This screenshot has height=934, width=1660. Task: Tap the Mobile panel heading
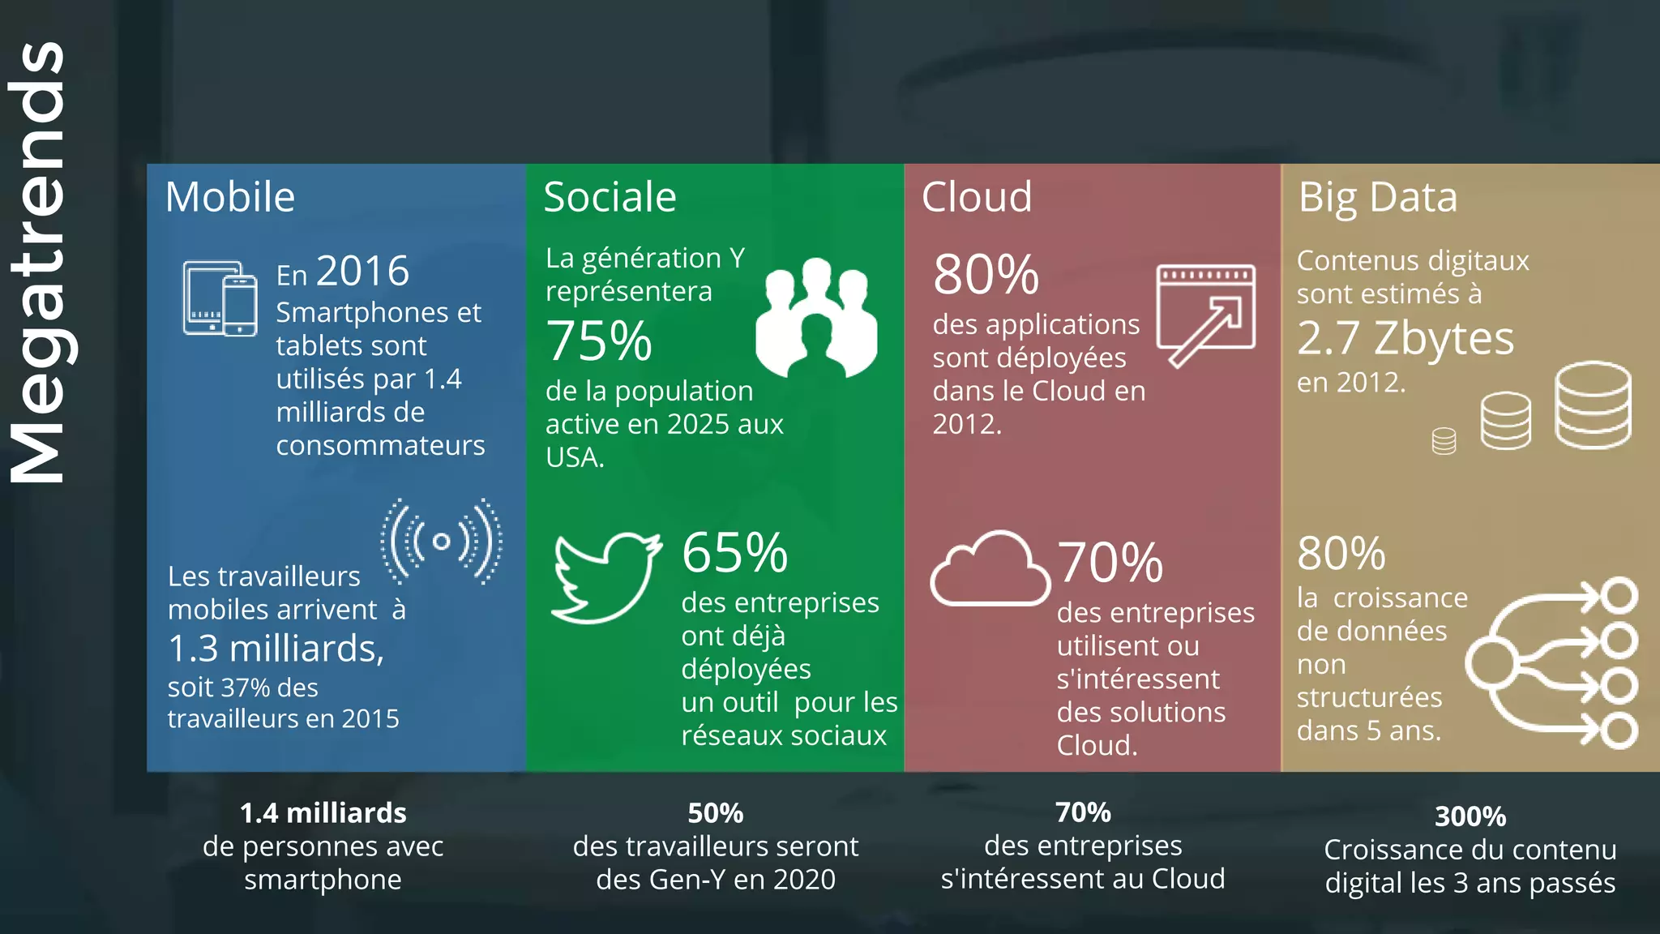point(230,197)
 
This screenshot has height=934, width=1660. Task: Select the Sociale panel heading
point(610,197)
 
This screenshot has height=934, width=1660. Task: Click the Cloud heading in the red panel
point(977,197)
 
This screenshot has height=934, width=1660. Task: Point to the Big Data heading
point(1377,197)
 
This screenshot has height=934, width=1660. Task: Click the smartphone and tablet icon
point(220,298)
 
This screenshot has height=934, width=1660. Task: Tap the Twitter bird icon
point(605,577)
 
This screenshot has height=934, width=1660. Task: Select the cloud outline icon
point(990,570)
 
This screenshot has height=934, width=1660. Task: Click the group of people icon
point(816,319)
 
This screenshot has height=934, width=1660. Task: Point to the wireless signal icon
point(442,542)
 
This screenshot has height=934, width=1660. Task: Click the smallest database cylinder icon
point(1444,441)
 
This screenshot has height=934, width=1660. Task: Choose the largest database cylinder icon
point(1593,405)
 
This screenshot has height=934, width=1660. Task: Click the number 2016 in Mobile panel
point(362,271)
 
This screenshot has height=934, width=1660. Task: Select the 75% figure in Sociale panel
point(599,341)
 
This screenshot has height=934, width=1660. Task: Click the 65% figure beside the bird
point(734,553)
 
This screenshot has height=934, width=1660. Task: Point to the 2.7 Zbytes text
point(1405,338)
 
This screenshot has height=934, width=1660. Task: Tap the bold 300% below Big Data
point(1470,816)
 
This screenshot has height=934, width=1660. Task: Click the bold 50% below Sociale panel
point(715,813)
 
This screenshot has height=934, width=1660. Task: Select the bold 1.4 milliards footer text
point(323,813)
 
